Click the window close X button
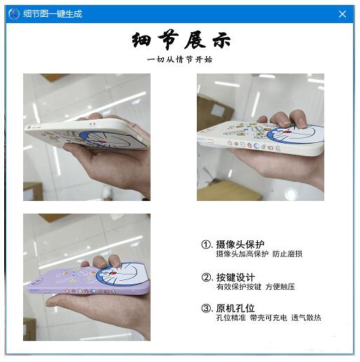point(342,14)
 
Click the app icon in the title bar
point(14,14)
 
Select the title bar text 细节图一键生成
point(53,14)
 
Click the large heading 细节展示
point(181,39)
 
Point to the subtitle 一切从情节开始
point(180,60)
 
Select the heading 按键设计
point(235,277)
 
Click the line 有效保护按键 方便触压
point(255,287)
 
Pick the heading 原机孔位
point(235,308)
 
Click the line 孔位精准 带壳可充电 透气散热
point(268,318)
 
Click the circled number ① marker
point(207,244)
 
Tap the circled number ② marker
point(207,277)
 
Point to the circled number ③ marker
point(207,308)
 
